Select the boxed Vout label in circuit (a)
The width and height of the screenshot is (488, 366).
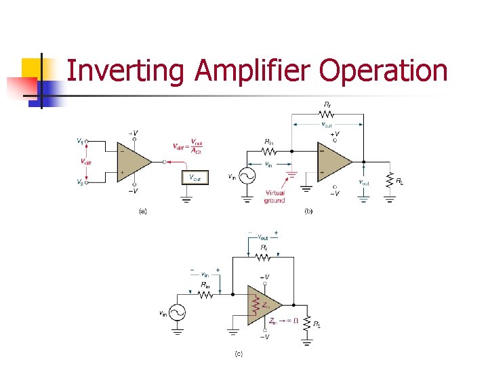tap(195, 177)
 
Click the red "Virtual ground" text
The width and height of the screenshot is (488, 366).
tap(274, 197)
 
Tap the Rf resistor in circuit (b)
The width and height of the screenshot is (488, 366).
tap(328, 114)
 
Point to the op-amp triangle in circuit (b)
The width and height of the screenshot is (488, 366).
tap(333, 162)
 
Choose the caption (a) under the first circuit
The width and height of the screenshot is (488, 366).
tap(142, 211)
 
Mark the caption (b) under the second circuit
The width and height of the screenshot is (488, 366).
tap(308, 211)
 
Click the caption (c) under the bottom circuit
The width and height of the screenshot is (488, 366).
tap(239, 353)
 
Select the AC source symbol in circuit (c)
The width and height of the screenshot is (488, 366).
tap(177, 312)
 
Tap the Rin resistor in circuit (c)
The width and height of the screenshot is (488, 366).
tap(204, 296)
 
